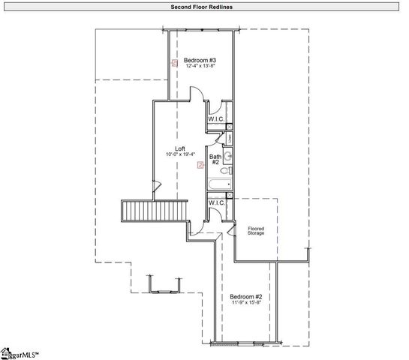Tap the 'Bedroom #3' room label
[200, 59]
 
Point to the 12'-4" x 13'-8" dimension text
[200, 66]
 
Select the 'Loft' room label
[180, 148]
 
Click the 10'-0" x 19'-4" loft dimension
[180, 154]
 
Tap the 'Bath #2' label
[214, 159]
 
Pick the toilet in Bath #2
[228, 171]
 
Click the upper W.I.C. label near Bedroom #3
[216, 119]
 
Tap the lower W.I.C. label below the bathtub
[216, 202]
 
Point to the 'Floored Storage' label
[257, 230]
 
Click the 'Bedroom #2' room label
[246, 296]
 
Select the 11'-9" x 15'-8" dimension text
[246, 303]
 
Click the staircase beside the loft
[153, 211]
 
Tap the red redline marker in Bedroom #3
[174, 64]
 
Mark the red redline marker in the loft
[199, 163]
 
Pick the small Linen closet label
[228, 138]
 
